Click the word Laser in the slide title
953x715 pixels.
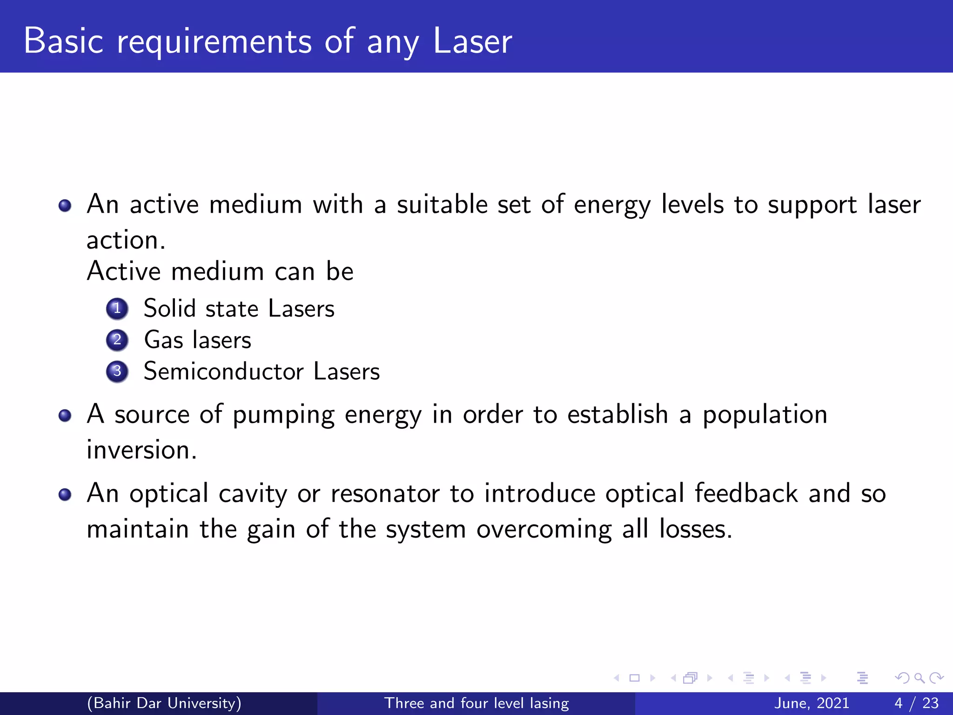click(x=472, y=41)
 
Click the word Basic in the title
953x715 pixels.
click(x=63, y=41)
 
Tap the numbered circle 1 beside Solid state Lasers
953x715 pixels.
click(x=117, y=309)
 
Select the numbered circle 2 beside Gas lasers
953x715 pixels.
click(x=117, y=340)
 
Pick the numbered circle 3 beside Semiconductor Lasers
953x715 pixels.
click(x=117, y=371)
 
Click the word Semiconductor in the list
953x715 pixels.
click(x=223, y=371)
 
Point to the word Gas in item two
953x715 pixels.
click(x=164, y=340)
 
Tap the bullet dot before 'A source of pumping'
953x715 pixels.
click(x=65, y=415)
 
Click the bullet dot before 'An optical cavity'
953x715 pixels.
click(x=65, y=494)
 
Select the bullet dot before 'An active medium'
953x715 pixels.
click(x=65, y=205)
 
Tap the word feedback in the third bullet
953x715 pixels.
click(x=746, y=493)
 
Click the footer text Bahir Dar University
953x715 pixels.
click(x=164, y=703)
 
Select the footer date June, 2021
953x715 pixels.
click(x=812, y=703)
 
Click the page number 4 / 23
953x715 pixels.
click(x=916, y=703)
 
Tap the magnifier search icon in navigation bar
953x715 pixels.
click(x=919, y=678)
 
